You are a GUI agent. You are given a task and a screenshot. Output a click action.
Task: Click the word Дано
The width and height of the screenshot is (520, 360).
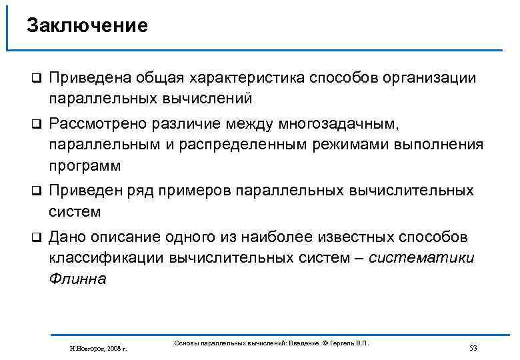67,237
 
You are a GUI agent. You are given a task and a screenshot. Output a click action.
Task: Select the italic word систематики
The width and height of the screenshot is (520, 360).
421,258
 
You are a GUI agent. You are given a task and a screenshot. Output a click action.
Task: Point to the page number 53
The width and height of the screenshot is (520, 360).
474,348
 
